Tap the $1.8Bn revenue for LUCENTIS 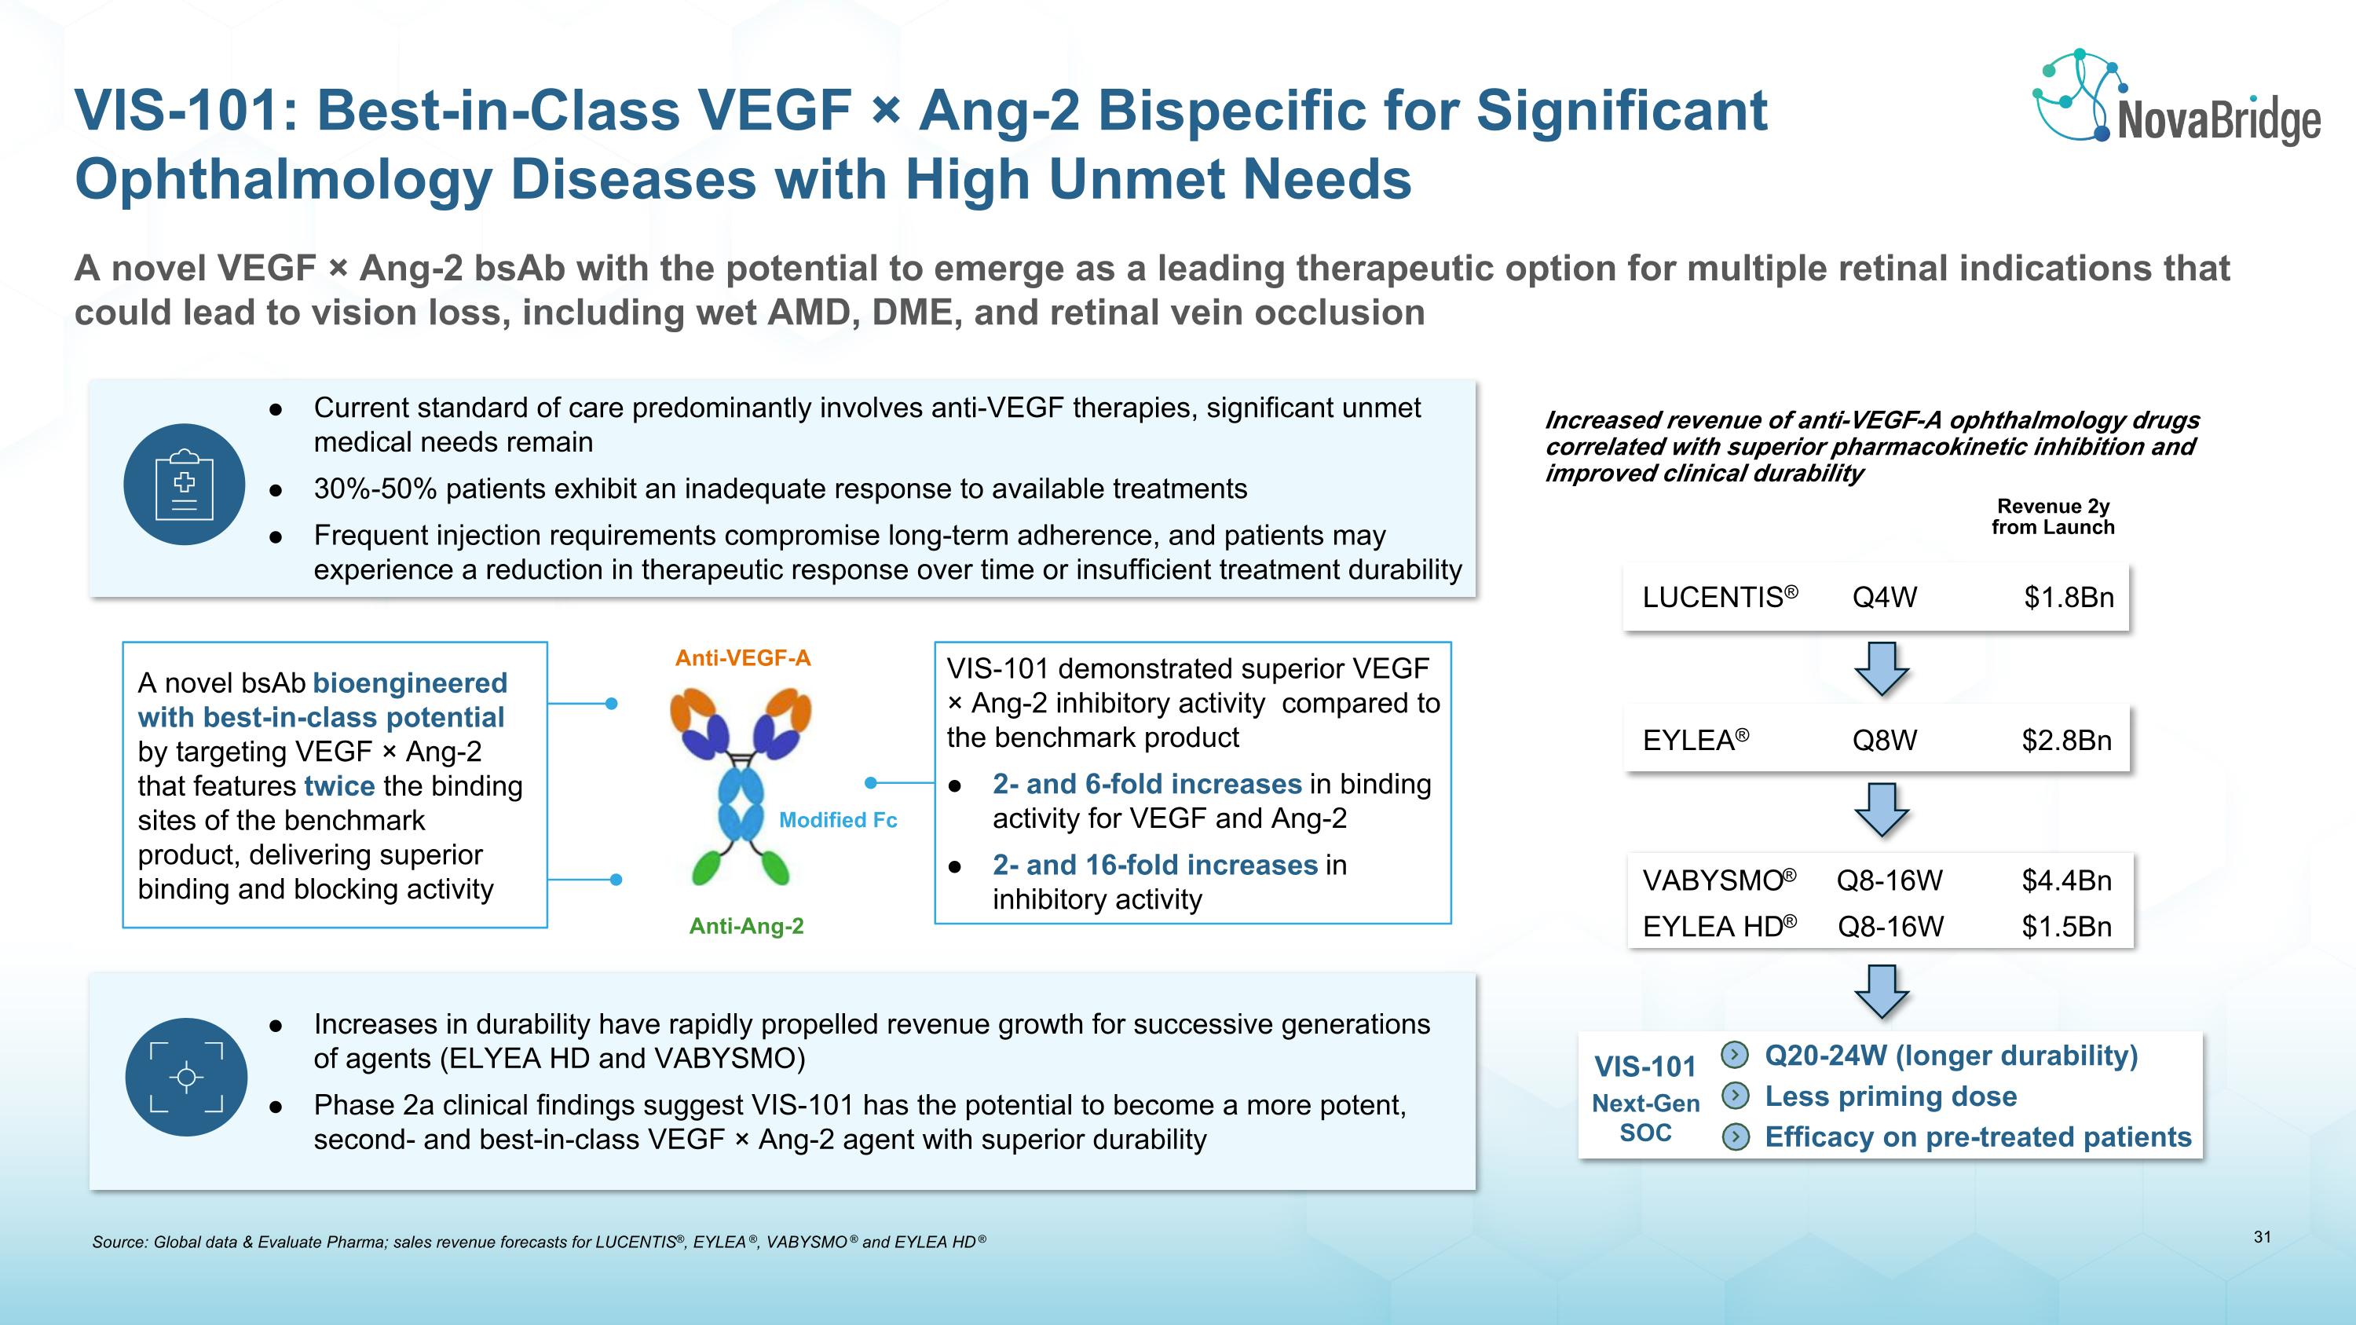[x=2068, y=598]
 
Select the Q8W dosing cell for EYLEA [x=1884, y=740]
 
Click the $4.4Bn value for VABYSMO [x=2066, y=880]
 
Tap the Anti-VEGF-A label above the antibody [x=743, y=658]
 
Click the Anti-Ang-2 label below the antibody [x=746, y=926]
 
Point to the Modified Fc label [x=838, y=820]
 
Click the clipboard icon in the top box [x=184, y=485]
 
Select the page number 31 [x=2262, y=1237]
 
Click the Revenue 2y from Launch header [x=2052, y=517]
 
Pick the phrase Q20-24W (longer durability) [x=1951, y=1056]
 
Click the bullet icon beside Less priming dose [x=1735, y=1096]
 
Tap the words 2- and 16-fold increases [x=1154, y=865]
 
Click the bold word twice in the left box [x=339, y=785]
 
